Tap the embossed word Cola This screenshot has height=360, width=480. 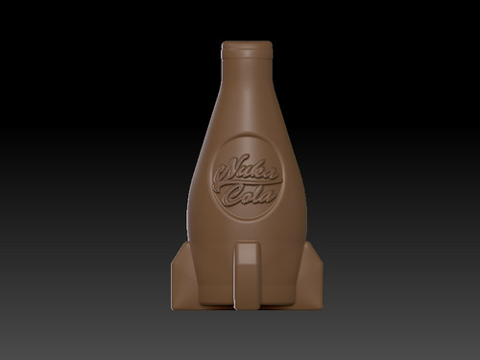(x=249, y=196)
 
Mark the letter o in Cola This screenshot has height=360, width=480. (x=246, y=198)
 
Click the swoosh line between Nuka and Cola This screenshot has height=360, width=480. (x=252, y=184)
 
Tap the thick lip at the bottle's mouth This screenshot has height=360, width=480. (x=246, y=48)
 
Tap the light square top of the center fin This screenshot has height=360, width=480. (x=247, y=252)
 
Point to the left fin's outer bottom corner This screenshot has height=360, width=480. (x=170, y=305)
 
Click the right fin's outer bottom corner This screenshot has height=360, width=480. (x=322, y=305)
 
